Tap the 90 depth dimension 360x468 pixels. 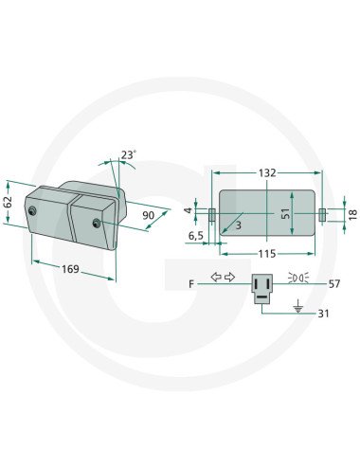[x=148, y=215]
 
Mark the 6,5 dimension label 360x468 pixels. [x=196, y=234]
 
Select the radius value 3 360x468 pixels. [x=238, y=225]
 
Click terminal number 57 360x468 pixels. [x=333, y=283]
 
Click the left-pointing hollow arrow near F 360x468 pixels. [x=216, y=277]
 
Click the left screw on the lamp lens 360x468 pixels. [x=34, y=210]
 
